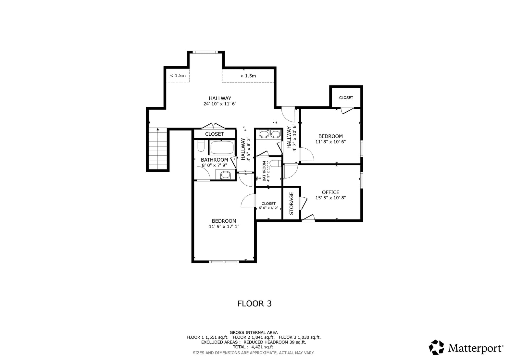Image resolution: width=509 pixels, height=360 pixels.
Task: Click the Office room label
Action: click(x=330, y=192)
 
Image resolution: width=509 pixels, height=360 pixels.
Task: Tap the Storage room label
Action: click(x=292, y=204)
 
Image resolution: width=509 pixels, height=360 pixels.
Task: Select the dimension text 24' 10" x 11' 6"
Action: click(x=220, y=104)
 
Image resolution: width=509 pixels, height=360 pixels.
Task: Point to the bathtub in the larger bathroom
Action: click(x=222, y=148)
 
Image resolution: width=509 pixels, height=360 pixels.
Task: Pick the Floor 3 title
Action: click(x=255, y=304)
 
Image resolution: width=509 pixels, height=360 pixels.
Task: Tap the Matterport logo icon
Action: click(x=436, y=347)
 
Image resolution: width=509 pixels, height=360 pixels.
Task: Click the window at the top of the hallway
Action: click(x=205, y=52)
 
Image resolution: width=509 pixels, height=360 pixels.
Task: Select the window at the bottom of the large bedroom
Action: click(x=224, y=262)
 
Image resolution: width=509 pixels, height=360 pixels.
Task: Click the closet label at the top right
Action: click(x=346, y=98)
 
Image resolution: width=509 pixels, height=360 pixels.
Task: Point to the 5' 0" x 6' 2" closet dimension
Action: click(x=268, y=208)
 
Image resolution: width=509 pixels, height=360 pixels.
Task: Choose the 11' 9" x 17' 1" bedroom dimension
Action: click(x=224, y=226)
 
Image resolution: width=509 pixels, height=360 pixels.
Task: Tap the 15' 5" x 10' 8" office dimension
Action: click(x=330, y=198)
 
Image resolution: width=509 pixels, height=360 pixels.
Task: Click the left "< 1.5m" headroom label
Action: click(x=178, y=75)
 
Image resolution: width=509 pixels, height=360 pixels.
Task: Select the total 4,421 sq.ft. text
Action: click(x=254, y=347)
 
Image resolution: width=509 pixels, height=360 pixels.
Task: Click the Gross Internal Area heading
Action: click(x=254, y=332)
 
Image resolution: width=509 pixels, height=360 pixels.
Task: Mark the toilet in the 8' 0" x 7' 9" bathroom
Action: click(x=201, y=146)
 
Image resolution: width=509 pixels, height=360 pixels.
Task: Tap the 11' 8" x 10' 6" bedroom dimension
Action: click(x=330, y=142)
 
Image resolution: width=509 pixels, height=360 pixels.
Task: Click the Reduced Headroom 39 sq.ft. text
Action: click(x=275, y=342)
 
